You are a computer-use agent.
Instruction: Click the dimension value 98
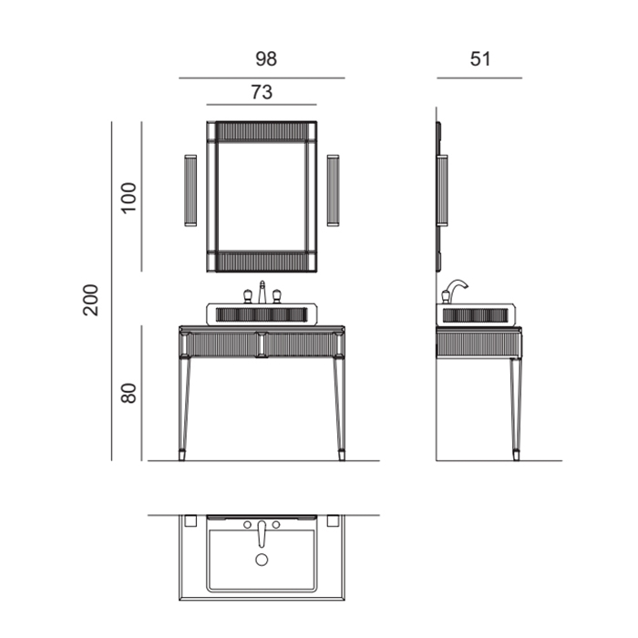click(x=266, y=58)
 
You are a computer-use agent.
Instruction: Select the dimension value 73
click(x=262, y=92)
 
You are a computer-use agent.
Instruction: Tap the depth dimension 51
click(x=480, y=59)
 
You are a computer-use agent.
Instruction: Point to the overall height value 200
click(x=90, y=300)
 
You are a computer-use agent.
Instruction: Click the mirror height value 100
click(x=129, y=198)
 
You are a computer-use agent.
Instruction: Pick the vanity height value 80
click(x=129, y=393)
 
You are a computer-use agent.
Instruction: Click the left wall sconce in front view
click(x=190, y=190)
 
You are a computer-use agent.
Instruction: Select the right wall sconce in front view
click(x=334, y=190)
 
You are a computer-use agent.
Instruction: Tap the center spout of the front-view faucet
click(x=262, y=292)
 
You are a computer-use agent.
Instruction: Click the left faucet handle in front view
click(x=247, y=296)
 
